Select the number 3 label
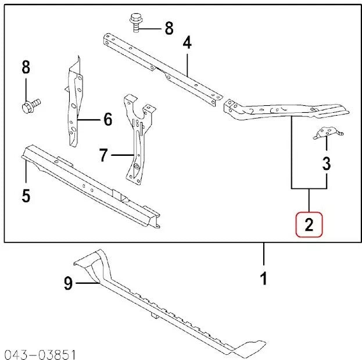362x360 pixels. coord(327,163)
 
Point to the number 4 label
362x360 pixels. coord(187,42)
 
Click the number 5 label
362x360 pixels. coord(26,195)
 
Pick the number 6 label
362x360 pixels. coord(107,120)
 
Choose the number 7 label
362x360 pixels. coord(103,155)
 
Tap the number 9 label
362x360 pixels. coord(68,284)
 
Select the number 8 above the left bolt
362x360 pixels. coord(26,67)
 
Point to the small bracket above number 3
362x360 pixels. coord(326,134)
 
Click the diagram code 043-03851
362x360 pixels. coord(40,353)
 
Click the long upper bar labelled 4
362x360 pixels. coord(163,67)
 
